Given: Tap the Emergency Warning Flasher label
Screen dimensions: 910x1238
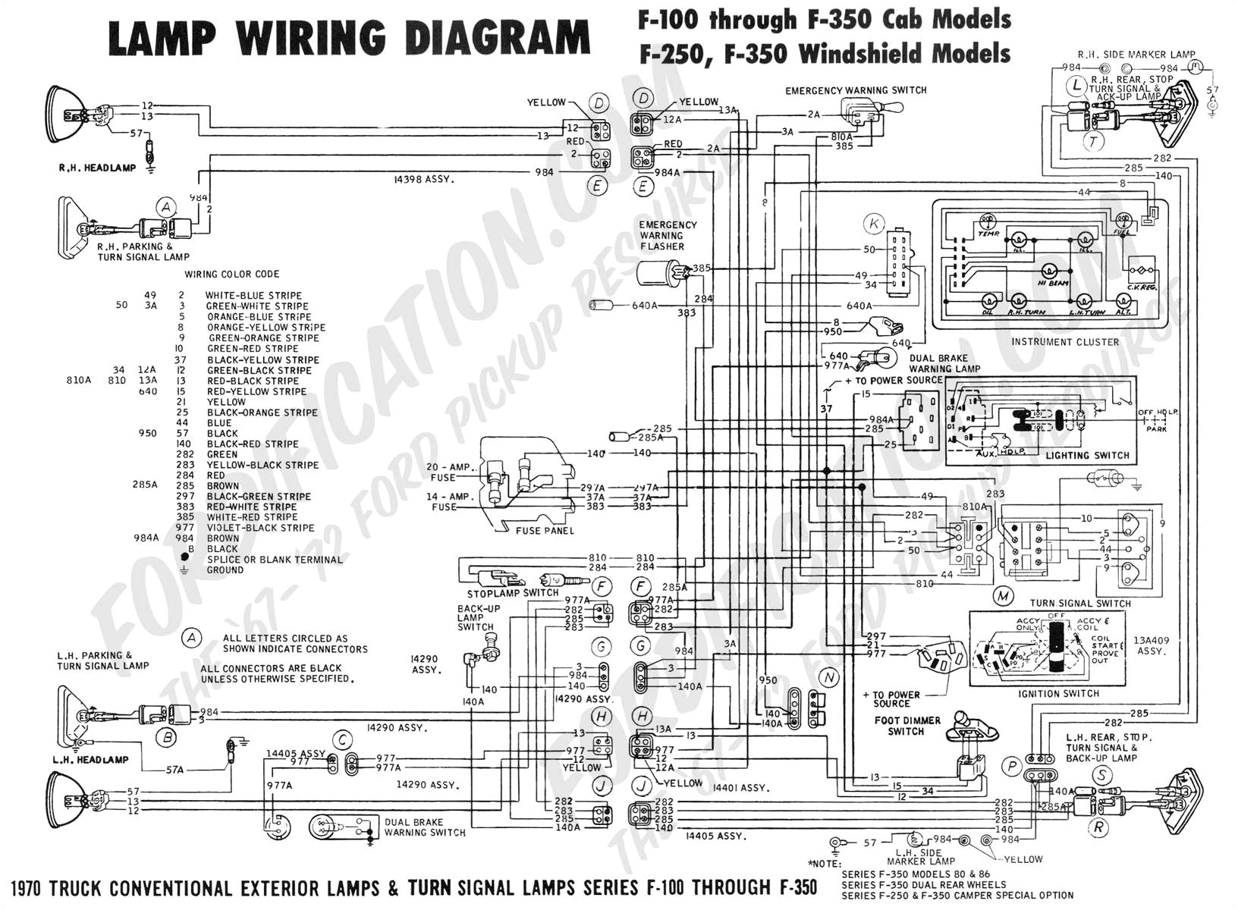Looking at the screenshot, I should pos(667,236).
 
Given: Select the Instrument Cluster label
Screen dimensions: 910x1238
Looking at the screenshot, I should pos(1064,342).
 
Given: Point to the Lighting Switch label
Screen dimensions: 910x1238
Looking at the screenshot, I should pos(1087,456).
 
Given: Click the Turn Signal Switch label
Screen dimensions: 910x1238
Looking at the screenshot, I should pos(1080,604).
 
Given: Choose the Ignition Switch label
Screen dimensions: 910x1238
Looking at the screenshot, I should pos(1059,693).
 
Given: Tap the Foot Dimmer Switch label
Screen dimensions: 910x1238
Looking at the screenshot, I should pos(907,726).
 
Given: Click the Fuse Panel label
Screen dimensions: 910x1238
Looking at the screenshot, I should pos(544,531).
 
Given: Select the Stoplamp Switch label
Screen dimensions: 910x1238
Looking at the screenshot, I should pos(513,593).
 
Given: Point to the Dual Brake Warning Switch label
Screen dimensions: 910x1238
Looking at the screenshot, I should pos(425,827).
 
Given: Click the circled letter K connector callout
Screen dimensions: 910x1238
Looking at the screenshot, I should pos(875,224).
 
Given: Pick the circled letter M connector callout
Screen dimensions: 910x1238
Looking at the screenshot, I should pos(1004,596).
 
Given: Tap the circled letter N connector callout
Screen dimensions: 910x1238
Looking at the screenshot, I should pos(829,677).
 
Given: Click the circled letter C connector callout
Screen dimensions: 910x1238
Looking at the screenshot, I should pos(344,740).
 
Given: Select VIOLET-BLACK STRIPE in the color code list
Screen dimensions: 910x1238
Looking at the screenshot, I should pos(260,528).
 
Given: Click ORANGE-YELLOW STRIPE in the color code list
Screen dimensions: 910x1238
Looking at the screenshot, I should pos(266,328).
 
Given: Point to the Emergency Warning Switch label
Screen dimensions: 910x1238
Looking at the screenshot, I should pos(856,90).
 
